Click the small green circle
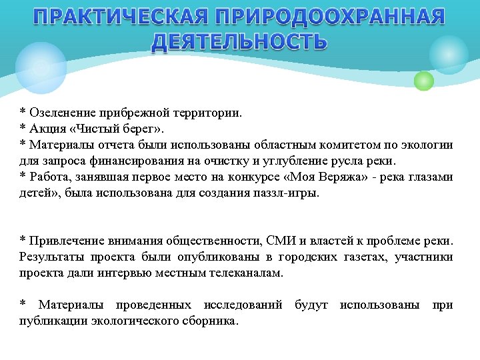coord(424,81)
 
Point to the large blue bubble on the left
coord(41,67)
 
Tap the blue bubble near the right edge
coord(449,55)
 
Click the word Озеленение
coord(63,113)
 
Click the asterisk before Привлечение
coord(23,241)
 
